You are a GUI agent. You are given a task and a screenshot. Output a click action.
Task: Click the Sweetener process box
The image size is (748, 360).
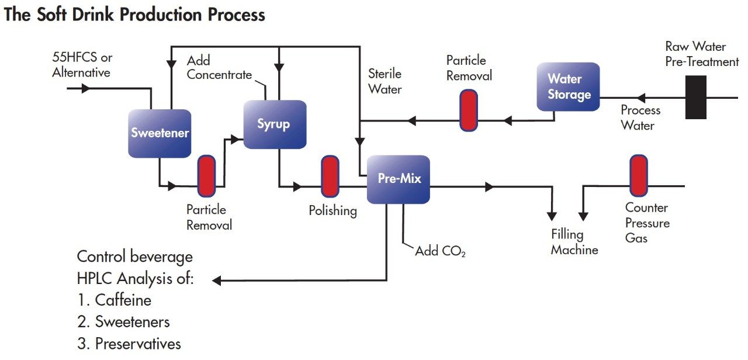(160, 133)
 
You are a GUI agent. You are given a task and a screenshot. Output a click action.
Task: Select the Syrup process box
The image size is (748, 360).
(275, 124)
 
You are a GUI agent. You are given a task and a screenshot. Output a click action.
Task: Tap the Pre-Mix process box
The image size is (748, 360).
(399, 179)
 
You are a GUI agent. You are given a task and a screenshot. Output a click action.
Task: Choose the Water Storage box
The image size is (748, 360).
(568, 86)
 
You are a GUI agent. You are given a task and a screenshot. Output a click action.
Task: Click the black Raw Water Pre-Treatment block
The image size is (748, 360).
(695, 97)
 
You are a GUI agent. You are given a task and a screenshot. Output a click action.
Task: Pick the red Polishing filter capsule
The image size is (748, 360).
(330, 176)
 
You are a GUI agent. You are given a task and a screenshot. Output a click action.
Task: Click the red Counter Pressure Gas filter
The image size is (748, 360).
(639, 176)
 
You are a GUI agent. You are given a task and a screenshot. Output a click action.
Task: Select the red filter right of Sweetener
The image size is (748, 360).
(206, 176)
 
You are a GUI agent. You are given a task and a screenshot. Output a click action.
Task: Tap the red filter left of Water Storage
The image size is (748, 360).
(469, 110)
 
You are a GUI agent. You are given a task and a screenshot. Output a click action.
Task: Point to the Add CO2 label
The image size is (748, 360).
(440, 251)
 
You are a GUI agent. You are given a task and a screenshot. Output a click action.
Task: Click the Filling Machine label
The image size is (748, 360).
(574, 242)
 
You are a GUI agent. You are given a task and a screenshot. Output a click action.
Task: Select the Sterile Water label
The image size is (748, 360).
(385, 81)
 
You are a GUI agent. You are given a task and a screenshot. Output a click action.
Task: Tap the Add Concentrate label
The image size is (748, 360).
(219, 67)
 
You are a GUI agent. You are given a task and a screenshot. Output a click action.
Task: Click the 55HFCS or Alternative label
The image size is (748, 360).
(82, 64)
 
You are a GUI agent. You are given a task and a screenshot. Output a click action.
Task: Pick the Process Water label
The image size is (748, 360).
(640, 117)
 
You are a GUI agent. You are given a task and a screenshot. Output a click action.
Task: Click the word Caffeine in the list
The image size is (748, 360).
(123, 300)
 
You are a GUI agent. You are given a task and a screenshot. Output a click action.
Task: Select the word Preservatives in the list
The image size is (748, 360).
(138, 344)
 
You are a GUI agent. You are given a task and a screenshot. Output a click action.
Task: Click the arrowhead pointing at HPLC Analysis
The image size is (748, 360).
(217, 281)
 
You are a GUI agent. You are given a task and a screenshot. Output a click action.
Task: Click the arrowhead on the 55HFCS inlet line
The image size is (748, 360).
(86, 88)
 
